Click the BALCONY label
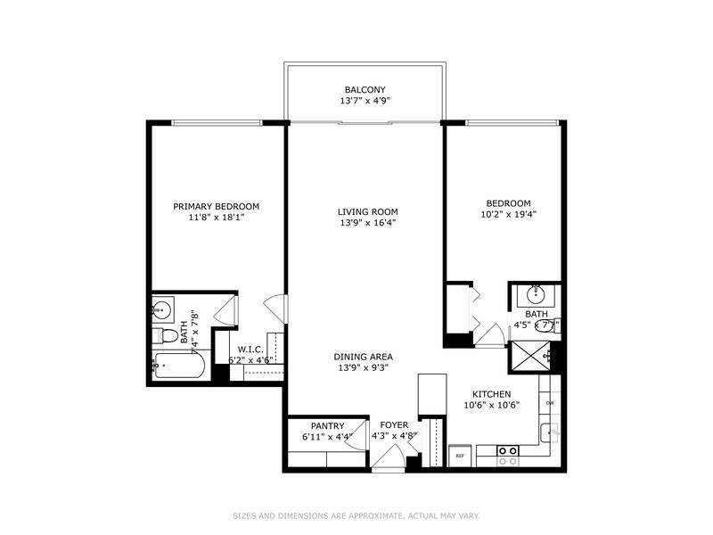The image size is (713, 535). point(365,89)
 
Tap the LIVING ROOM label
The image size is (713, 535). point(365,211)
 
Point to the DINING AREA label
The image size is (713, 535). point(363,357)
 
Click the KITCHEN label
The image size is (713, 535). point(491,393)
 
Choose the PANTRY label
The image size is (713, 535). point(327,425)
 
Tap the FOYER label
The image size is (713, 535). point(394,425)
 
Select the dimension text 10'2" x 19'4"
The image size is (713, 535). point(509,214)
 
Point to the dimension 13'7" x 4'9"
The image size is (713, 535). point(365,101)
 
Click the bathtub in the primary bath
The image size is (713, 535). point(179,366)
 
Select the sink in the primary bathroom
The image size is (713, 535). point(162,310)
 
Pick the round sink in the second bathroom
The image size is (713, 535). point(537,293)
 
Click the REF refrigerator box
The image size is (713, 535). point(461,455)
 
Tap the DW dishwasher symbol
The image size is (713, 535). point(550,404)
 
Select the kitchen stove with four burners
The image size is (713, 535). point(508,456)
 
